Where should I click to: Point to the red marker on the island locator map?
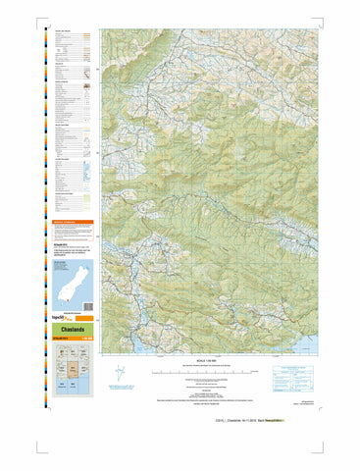click(61, 296)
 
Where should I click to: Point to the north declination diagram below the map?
click(119, 376)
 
